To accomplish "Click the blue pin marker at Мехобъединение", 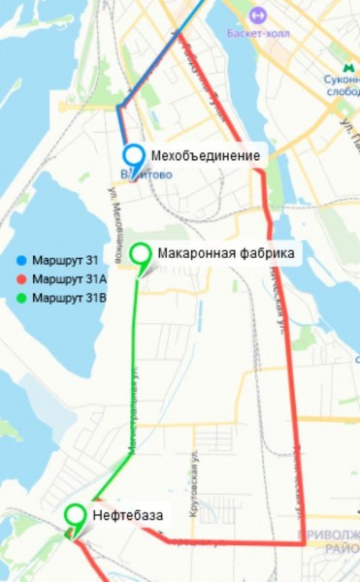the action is (133, 155).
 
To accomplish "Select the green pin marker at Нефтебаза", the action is (75, 516).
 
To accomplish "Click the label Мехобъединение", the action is (205, 155).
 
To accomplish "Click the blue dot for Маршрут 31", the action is (21, 261).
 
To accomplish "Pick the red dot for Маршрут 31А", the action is (21, 279).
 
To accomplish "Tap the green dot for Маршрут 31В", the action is (21, 298).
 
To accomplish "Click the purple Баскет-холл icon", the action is (258, 16).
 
